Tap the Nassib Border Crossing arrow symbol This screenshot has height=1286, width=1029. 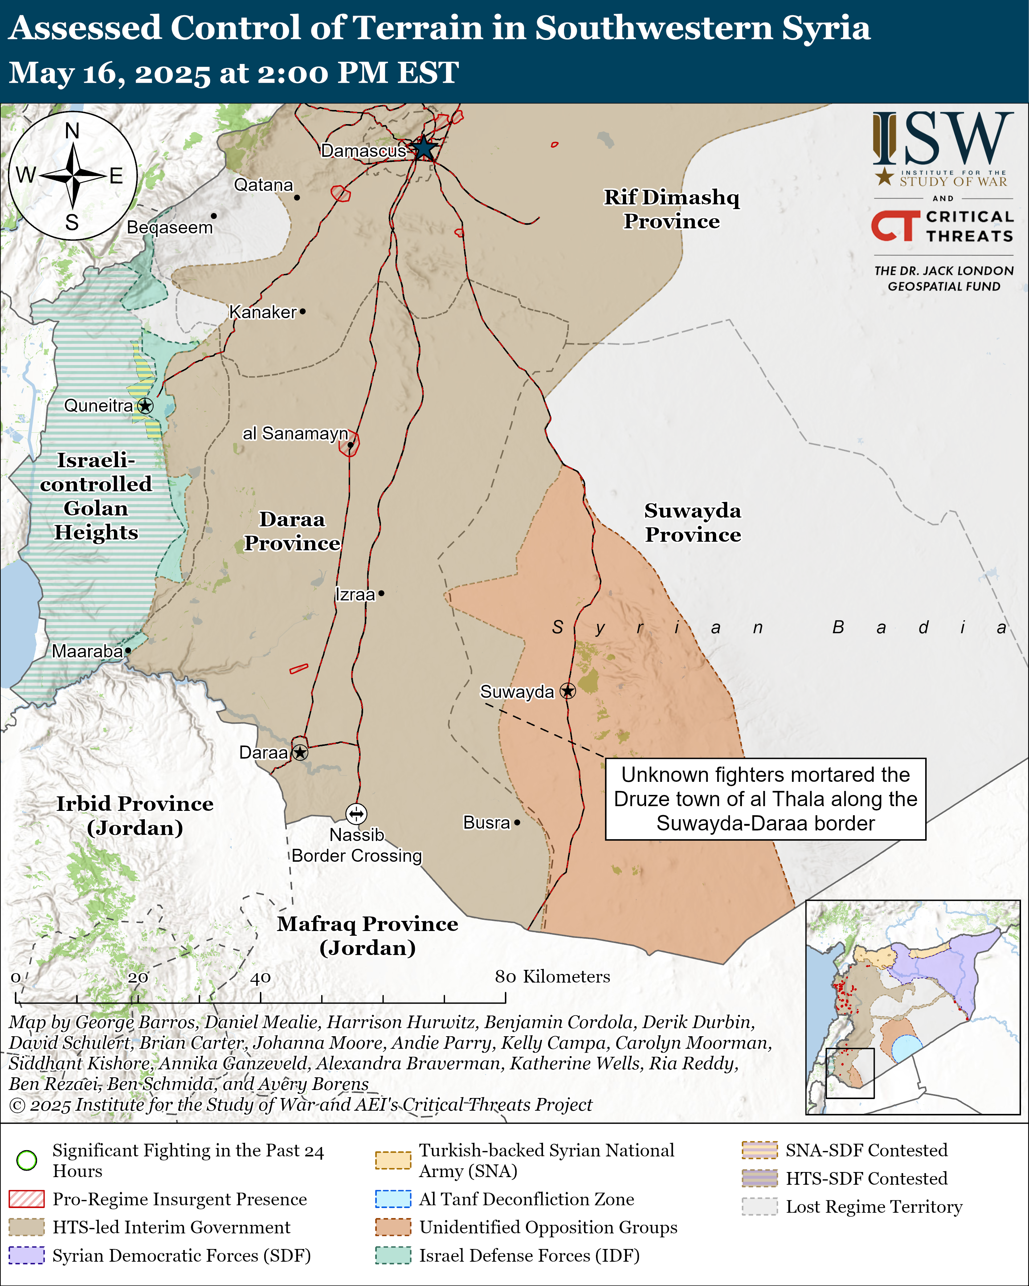356,813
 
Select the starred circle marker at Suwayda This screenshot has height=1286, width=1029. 567,691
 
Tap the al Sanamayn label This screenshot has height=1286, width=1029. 295,433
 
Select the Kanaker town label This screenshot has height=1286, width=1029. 262,312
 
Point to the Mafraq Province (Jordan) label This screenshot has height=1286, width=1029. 367,935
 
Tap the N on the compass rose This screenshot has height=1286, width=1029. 72,131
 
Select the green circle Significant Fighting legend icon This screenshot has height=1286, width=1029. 27,1160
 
